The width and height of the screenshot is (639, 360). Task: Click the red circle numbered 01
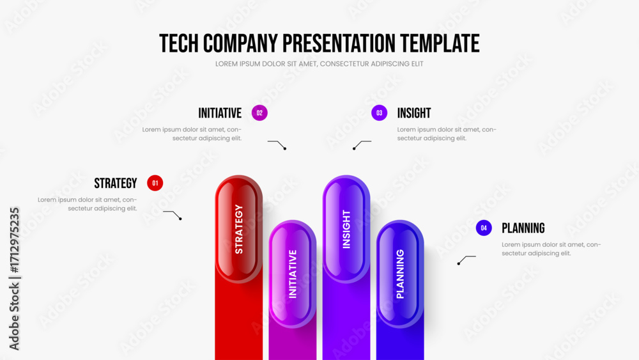pos(155,183)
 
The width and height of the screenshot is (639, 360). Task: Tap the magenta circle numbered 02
pos(259,113)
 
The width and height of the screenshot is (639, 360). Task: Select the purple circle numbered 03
pos(380,113)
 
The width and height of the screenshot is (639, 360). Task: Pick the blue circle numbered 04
pos(484,228)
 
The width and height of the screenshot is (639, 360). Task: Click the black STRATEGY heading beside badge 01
pos(116,184)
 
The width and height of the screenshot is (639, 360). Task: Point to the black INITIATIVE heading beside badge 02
pos(220,113)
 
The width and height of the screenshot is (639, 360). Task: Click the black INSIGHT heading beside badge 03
pos(414,113)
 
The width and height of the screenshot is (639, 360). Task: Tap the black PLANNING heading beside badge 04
pos(523,228)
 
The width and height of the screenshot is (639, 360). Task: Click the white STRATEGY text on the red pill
pos(239,229)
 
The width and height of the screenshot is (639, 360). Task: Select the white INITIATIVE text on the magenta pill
pos(293,274)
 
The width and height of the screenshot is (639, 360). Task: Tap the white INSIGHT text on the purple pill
pos(346,229)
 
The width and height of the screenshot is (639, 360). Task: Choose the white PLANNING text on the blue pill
pos(400,274)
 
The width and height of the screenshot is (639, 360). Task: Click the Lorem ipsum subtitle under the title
pos(319,64)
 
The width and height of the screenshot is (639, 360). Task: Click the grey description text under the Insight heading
pos(447,134)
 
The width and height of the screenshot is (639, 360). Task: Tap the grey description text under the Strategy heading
pos(88,204)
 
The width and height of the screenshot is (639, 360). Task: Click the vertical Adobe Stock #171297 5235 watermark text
pos(14,279)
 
